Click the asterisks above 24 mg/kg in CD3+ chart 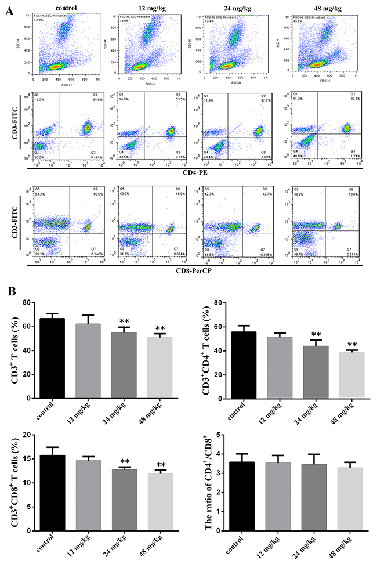tap(124, 322)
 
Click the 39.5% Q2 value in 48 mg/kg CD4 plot tap(349, 99)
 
